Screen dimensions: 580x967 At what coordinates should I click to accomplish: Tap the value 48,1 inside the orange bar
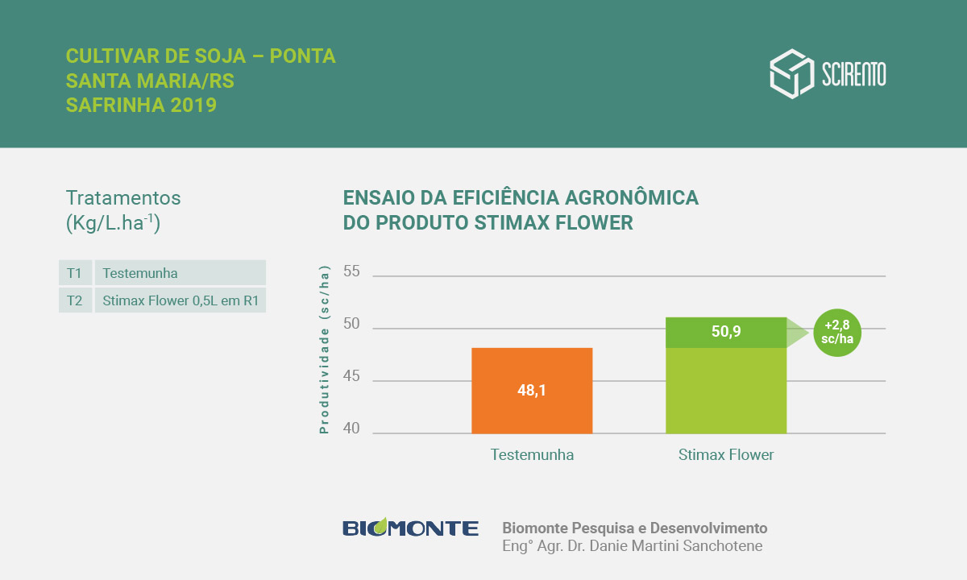532,391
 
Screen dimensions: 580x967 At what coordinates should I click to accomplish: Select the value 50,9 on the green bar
726,332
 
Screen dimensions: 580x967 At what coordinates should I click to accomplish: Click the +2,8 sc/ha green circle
837,333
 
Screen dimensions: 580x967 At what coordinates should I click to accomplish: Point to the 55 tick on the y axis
351,271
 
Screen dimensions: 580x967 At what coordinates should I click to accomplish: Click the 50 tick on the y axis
351,325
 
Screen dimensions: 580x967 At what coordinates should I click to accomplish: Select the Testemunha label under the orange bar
532,455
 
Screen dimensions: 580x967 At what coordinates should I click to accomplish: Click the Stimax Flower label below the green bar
726,455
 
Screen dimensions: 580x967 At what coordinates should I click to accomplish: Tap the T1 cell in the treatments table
75,273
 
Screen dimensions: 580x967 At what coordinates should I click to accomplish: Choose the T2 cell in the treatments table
75,301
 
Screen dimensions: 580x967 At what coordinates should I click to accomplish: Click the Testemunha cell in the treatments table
180,273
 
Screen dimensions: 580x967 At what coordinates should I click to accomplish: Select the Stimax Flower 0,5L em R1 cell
180,301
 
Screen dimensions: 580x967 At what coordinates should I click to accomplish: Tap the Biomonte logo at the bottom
410,528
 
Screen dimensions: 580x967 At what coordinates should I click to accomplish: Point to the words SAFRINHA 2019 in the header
141,106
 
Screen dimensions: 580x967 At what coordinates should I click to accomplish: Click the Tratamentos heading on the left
123,198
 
